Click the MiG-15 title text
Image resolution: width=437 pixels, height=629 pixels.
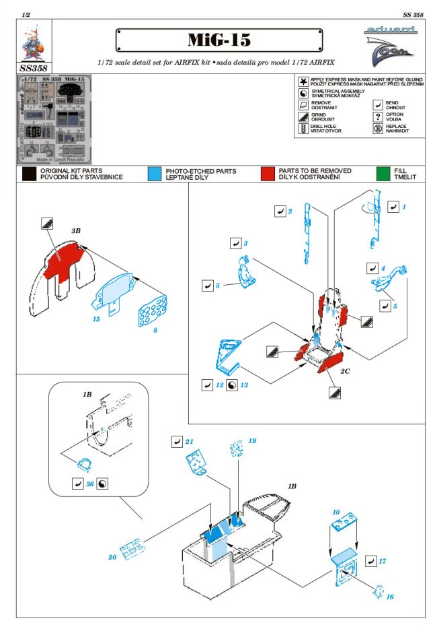pos(219,40)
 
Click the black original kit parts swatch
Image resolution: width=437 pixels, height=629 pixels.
pos(28,174)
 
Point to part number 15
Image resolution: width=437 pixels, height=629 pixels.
pos(97,318)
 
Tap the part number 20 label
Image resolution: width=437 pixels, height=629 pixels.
pos(112,557)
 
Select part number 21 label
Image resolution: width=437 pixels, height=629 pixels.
pos(190,442)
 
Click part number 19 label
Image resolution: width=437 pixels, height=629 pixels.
pos(252,440)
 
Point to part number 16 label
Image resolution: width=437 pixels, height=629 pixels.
pos(389,597)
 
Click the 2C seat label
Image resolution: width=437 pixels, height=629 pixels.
pos(346,371)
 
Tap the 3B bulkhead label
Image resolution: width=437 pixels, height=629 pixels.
pos(76,230)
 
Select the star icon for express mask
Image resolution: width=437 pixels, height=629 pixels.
pos(303,80)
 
